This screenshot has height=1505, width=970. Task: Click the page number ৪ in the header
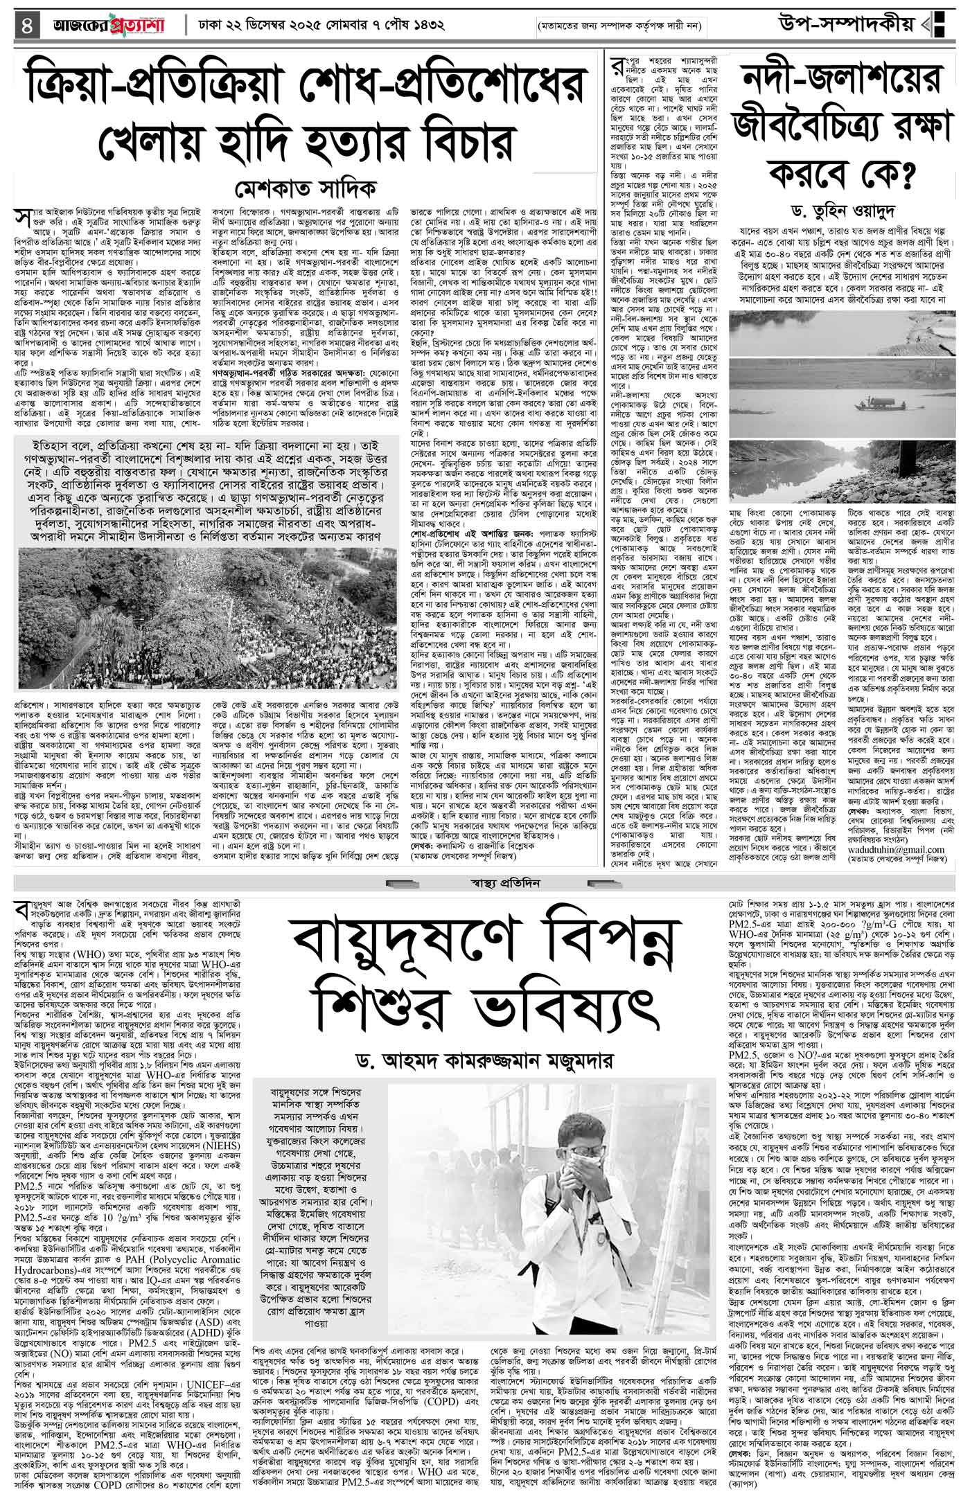click(x=27, y=26)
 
